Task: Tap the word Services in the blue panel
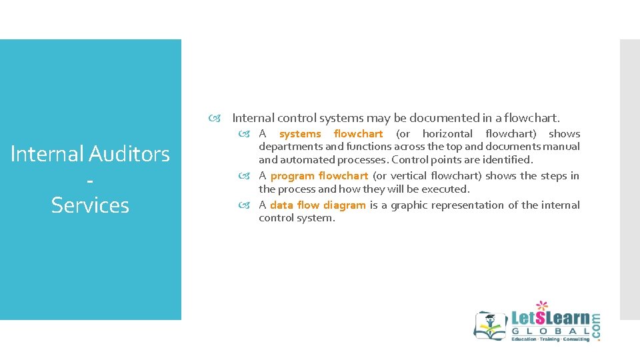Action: [90, 205]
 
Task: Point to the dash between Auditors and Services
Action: [90, 181]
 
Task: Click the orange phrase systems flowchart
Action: [331, 134]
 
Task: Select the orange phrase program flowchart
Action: [319, 176]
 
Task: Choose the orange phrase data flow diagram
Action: [317, 205]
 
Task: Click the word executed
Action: [447, 189]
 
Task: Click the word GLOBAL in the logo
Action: [551, 331]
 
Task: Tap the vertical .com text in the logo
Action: [595, 327]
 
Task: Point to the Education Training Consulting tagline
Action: [550, 340]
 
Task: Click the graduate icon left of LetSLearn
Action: [490, 325]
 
